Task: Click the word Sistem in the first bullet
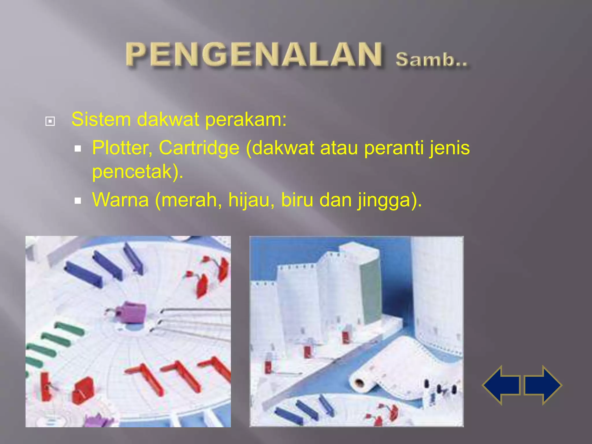(101, 119)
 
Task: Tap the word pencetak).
(138, 171)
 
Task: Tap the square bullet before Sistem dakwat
(50, 121)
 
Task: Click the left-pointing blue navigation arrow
(502, 385)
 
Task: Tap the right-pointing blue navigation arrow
(543, 385)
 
